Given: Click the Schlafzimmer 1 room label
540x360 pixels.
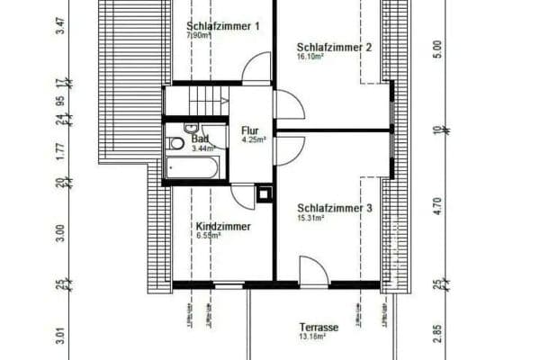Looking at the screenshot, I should pyautogui.click(x=223, y=26).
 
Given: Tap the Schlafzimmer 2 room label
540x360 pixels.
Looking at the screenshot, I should pyautogui.click(x=334, y=47).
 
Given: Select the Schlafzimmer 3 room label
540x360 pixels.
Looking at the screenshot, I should pyautogui.click(x=334, y=207).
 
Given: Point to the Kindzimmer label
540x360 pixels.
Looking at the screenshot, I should pyautogui.click(x=223, y=227).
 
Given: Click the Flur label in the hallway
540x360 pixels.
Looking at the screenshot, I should pyautogui.click(x=250, y=130).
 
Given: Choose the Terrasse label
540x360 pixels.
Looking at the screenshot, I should pyautogui.click(x=319, y=328).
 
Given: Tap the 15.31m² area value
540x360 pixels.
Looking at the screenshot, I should pyautogui.click(x=312, y=217).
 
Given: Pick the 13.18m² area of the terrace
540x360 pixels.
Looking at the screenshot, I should pyautogui.click(x=319, y=337).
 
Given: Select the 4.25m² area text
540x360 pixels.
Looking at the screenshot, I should pyautogui.click(x=253, y=139).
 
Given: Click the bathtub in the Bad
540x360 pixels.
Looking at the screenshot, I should pyautogui.click(x=193, y=167).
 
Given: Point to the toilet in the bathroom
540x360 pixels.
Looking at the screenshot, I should pyautogui.click(x=177, y=143).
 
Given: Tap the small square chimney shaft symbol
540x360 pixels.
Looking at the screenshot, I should pyautogui.click(x=264, y=193).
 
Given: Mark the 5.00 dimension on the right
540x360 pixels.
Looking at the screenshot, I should pyautogui.click(x=436, y=48).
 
